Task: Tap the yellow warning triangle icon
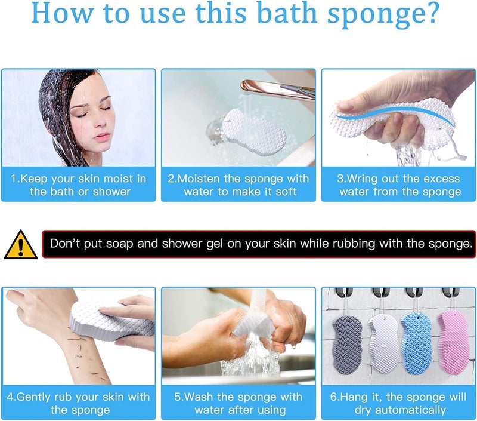click(20, 245)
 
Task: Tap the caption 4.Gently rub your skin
click(78, 403)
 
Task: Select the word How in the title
click(59, 14)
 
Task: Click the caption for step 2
click(238, 185)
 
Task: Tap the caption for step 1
click(79, 185)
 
